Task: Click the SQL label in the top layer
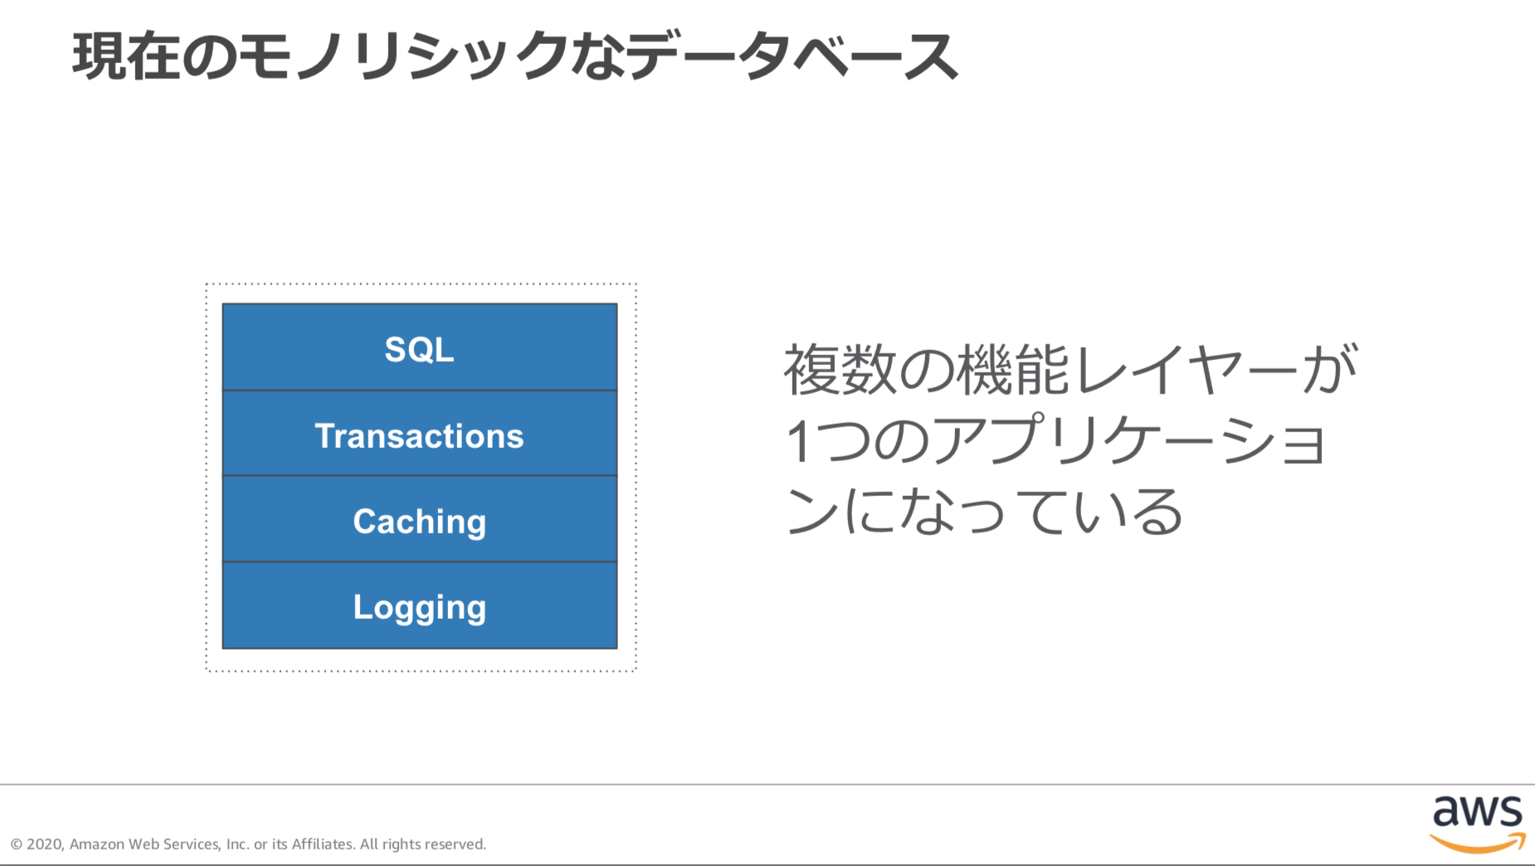click(419, 349)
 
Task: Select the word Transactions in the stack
click(419, 436)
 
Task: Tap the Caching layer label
click(419, 522)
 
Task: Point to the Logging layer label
click(419, 607)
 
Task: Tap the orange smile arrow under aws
click(1478, 844)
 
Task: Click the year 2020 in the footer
click(45, 844)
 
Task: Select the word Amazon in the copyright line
click(96, 844)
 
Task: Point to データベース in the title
click(792, 56)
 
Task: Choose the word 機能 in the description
click(1012, 370)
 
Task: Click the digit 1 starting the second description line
click(798, 440)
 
